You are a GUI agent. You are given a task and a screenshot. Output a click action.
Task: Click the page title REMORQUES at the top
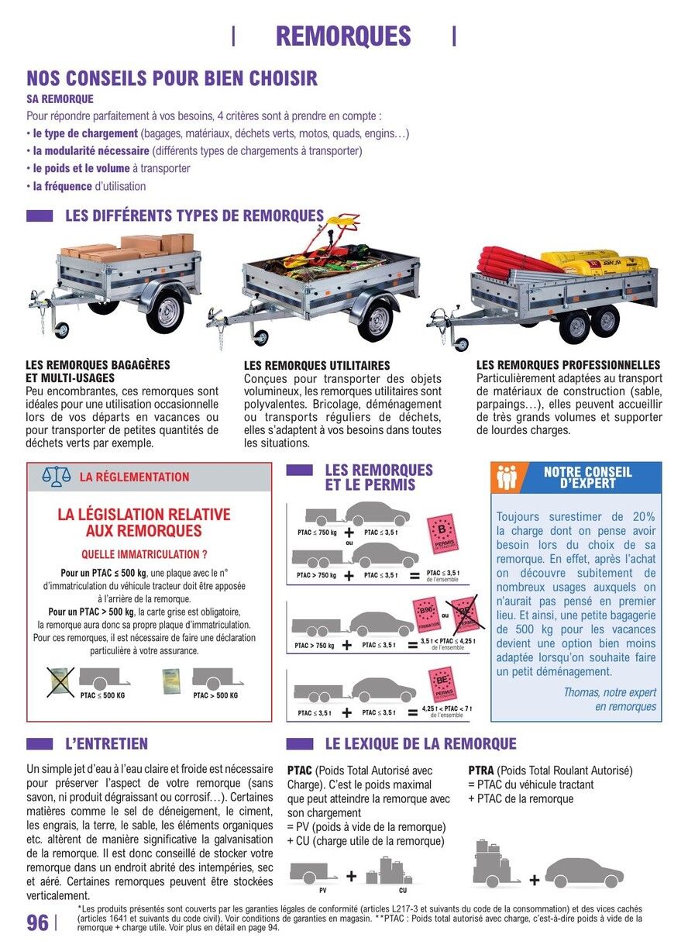tap(343, 36)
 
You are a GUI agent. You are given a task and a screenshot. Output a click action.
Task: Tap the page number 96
tap(37, 922)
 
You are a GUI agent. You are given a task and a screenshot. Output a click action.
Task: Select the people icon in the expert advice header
tap(507, 477)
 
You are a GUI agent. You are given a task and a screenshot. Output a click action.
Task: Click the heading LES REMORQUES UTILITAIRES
tap(317, 365)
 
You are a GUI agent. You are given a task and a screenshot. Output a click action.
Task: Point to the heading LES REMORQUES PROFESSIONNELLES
tap(568, 364)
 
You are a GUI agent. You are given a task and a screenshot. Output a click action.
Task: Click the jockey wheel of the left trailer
tap(60, 329)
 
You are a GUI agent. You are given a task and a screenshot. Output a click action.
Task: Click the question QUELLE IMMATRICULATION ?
tap(144, 555)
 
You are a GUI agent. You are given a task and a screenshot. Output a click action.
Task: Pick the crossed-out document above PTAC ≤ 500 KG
tap(60, 681)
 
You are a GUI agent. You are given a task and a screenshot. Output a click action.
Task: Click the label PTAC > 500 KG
tap(215, 695)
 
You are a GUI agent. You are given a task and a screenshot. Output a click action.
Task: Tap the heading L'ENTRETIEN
tap(106, 744)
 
